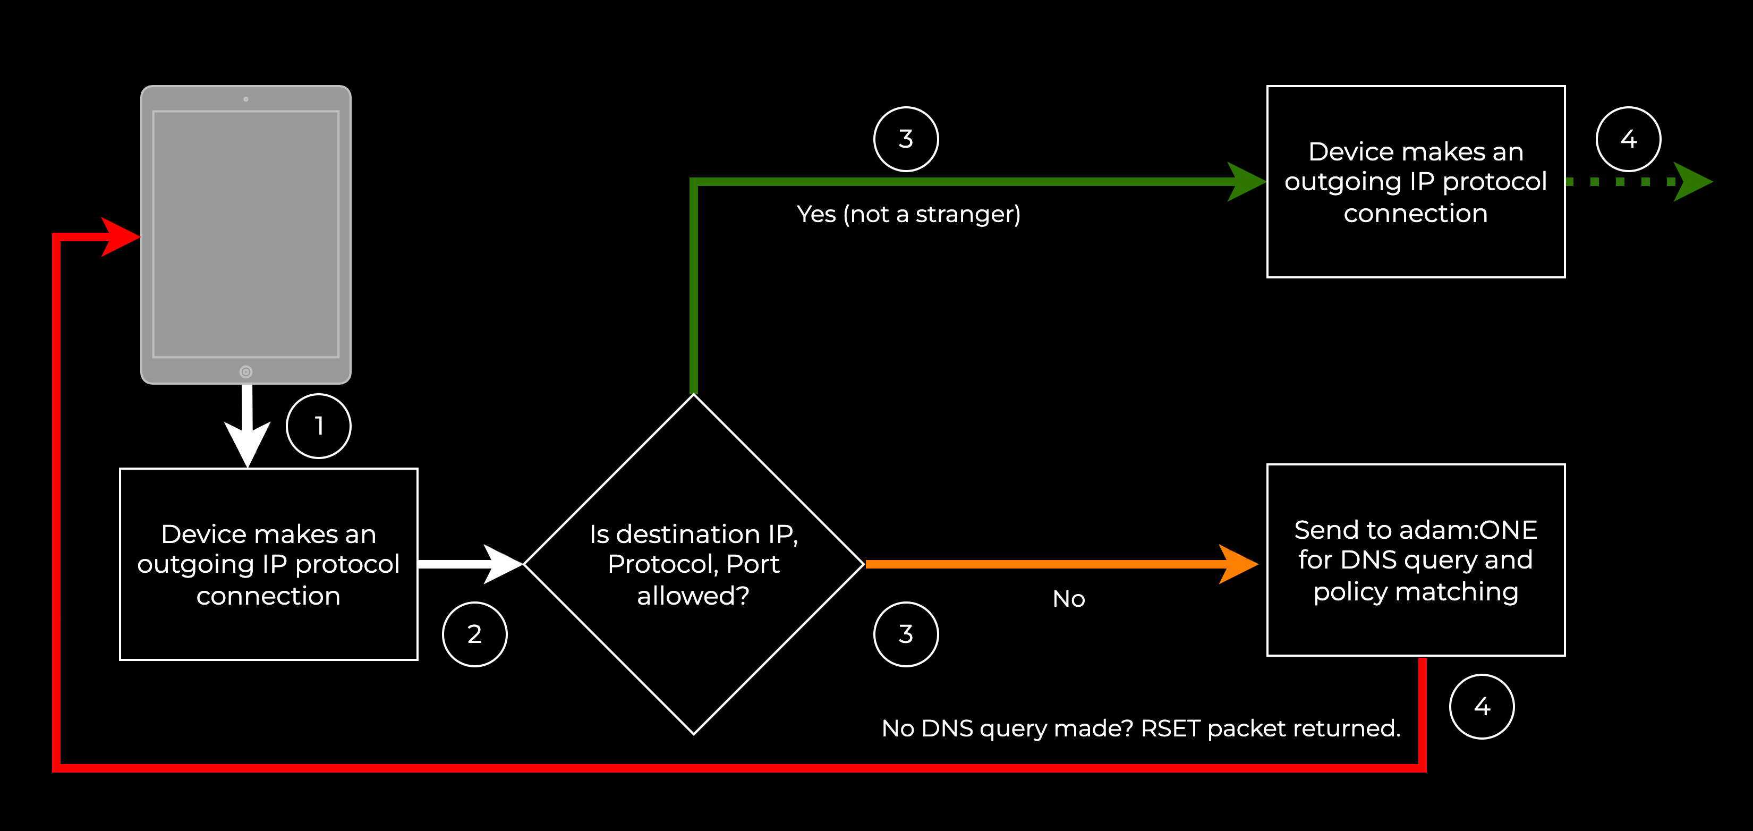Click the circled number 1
319,426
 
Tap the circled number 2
474,634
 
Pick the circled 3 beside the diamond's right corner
906,634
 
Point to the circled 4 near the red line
1482,707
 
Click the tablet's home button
245,371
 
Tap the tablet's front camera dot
245,99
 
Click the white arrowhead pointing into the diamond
504,564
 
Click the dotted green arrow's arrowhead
1693,182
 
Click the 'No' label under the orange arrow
1068,599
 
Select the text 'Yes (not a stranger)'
908,214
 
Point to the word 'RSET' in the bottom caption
1170,728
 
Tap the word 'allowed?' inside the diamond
693,596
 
